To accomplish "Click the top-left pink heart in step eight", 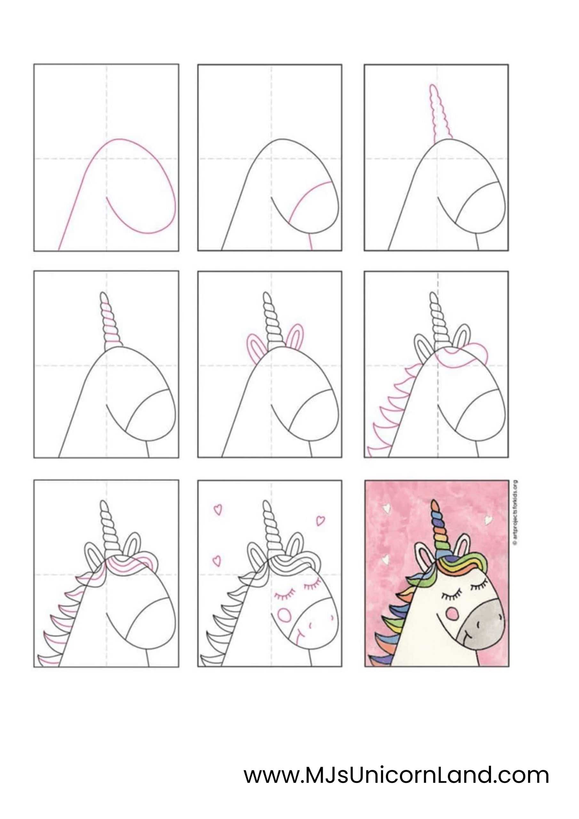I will coord(218,509).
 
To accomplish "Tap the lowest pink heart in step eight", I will coord(217,561).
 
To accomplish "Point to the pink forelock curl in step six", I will coord(464,357).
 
